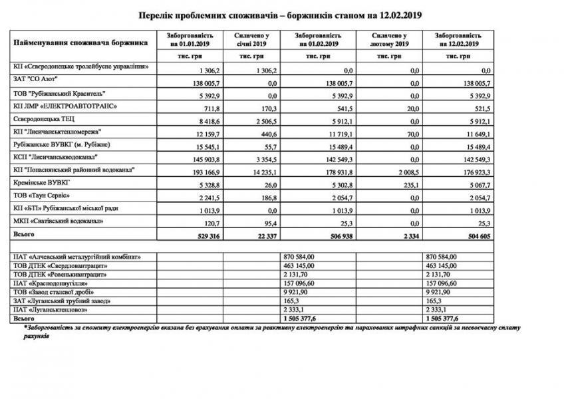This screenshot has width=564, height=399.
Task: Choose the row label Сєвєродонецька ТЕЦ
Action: [46, 119]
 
